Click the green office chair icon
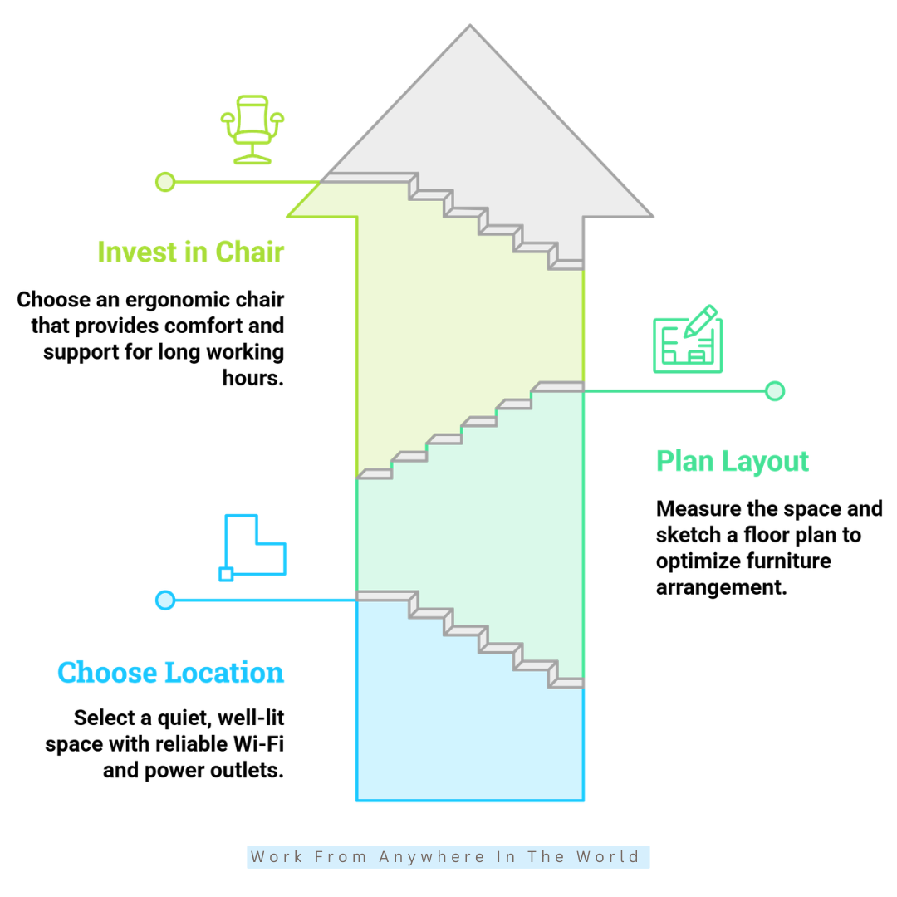[x=252, y=130]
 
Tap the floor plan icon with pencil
[x=688, y=339]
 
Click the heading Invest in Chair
[x=190, y=252]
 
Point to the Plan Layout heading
[x=733, y=461]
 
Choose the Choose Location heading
[x=170, y=672]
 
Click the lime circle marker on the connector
[x=165, y=182]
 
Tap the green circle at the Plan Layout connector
[x=775, y=391]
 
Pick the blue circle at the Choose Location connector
[x=165, y=600]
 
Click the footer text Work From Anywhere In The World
[x=445, y=856]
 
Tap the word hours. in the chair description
[x=252, y=378]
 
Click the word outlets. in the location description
[x=248, y=770]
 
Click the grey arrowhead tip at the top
[x=470, y=25]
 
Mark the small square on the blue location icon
[x=226, y=575]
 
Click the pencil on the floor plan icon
[x=701, y=321]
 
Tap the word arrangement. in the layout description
[x=722, y=587]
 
